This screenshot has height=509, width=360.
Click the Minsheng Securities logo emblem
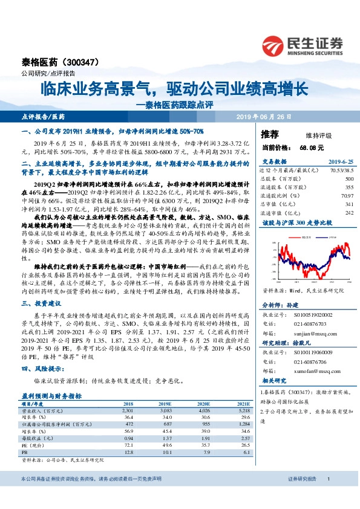tap(273, 46)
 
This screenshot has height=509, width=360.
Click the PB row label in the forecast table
tap(24, 451)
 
